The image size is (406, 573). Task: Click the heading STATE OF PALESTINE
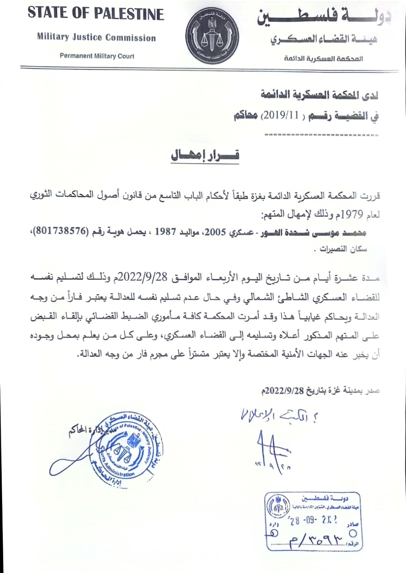(96, 14)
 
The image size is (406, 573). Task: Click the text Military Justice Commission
(96, 37)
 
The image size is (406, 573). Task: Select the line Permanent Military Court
(97, 56)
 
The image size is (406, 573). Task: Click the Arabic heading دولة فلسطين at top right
(324, 17)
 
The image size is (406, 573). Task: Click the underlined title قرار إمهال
(205, 155)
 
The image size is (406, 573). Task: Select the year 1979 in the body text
(351, 214)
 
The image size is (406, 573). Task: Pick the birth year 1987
(165, 232)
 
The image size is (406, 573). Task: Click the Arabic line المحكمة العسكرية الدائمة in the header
(323, 59)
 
